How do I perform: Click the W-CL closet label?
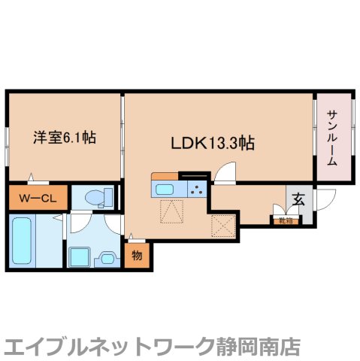tap(38, 199)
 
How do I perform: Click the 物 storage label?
tap(136, 256)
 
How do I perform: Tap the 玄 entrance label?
tap(298, 200)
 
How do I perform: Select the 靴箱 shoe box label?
tap(284, 220)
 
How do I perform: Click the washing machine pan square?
tap(79, 256)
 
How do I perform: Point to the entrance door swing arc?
tap(323, 201)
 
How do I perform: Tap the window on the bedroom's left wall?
tap(8, 139)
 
